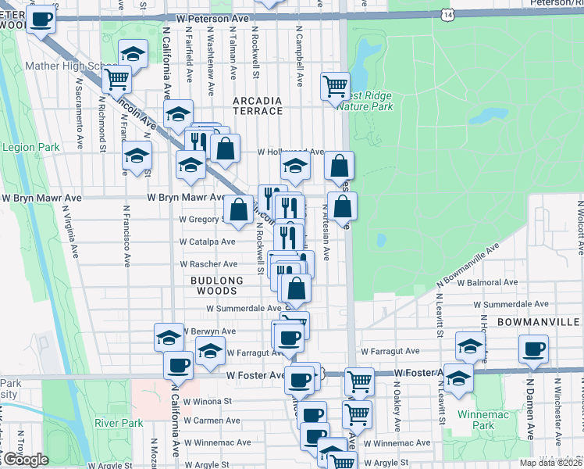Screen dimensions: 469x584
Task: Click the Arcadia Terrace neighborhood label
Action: (x=258, y=106)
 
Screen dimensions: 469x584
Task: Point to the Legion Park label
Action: (x=31, y=147)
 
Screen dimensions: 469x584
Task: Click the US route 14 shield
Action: (x=446, y=15)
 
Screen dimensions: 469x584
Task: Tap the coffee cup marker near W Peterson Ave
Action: (x=41, y=20)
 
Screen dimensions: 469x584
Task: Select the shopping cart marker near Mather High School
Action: (x=116, y=78)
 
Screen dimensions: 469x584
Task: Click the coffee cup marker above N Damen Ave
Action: (x=533, y=349)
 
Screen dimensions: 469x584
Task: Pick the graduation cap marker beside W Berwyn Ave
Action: (x=168, y=338)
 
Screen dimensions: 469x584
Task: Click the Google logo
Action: (x=25, y=460)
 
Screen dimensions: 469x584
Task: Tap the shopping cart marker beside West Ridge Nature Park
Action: (x=335, y=86)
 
